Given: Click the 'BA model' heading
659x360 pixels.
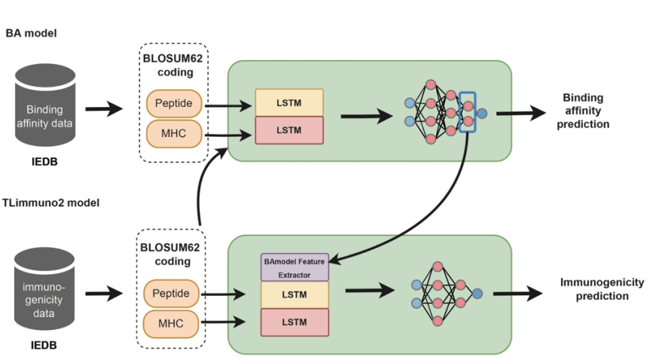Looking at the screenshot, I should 31,33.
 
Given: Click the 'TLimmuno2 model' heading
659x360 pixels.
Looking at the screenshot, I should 52,202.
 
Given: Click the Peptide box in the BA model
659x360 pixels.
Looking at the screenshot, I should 173,102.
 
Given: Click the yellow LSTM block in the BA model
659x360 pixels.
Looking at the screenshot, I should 289,102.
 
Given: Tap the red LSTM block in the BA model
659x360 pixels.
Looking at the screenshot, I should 289,130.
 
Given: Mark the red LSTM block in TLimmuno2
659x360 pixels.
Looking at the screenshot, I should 294,321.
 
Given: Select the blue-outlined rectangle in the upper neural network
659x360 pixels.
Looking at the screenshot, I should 468,111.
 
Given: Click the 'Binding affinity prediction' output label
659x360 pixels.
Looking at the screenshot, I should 583,111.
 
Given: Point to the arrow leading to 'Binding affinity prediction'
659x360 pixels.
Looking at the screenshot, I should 520,113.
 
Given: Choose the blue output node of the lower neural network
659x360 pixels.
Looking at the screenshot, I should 477,293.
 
